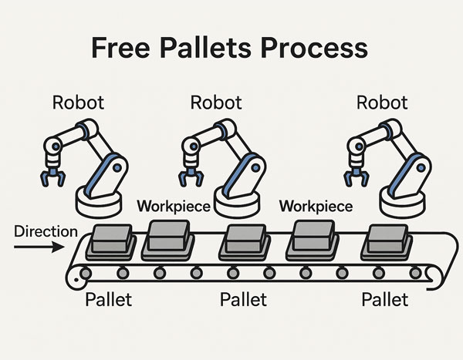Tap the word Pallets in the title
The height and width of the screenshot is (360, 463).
[218, 48]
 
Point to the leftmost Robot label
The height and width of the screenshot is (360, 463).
[77, 103]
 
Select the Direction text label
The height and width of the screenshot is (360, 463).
[46, 231]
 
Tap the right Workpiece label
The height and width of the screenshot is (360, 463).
[316, 207]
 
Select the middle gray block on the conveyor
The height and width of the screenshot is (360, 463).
[242, 241]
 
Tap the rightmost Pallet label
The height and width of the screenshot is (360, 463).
[384, 299]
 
